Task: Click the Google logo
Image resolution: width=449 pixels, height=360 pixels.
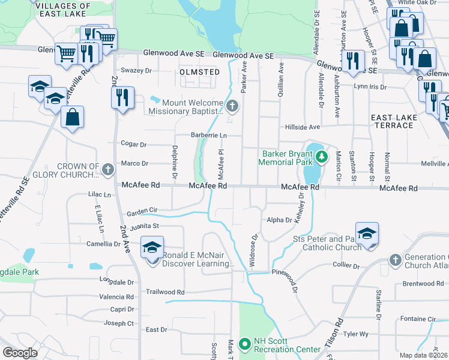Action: pyautogui.click(x=20, y=353)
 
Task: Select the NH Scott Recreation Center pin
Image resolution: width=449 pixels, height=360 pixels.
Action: pyautogui.click(x=244, y=344)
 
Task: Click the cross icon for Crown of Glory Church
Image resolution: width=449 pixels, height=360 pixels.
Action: pyautogui.click(x=107, y=170)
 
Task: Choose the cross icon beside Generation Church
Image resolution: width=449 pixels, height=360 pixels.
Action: pyautogui.click(x=395, y=259)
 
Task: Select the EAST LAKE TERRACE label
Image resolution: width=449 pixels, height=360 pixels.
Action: pyautogui.click(x=393, y=121)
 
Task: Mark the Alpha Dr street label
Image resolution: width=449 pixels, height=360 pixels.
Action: pyautogui.click(x=279, y=220)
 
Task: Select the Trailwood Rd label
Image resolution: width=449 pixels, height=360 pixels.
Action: pyautogui.click(x=164, y=292)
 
